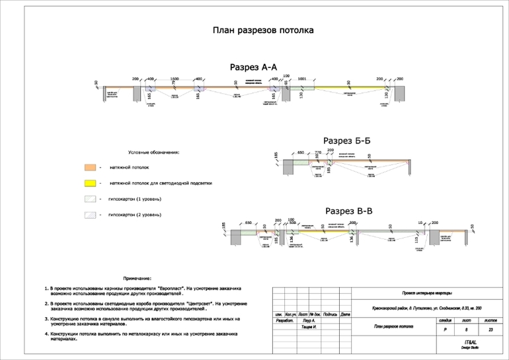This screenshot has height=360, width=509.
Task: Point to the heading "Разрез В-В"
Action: coord(349,211)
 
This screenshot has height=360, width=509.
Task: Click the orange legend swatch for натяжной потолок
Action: coord(91,168)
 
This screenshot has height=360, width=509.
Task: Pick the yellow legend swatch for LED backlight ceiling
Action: coord(91,183)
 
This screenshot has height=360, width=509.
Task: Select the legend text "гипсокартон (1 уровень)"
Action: coord(135,198)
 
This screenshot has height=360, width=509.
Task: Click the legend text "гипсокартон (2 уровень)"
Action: coord(135,215)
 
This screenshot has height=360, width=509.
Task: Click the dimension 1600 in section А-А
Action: coord(175,79)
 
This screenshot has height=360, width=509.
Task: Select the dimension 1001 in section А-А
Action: coord(302,79)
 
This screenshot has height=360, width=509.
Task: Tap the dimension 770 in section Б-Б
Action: coord(318,153)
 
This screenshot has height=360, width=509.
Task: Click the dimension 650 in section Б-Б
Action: coord(301,153)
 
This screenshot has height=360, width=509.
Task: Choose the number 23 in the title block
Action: coord(490,329)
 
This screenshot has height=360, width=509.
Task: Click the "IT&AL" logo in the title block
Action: coord(470,343)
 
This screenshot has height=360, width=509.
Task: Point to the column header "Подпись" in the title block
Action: coord(331,314)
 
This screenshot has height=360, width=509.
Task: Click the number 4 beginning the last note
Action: coord(46,334)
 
